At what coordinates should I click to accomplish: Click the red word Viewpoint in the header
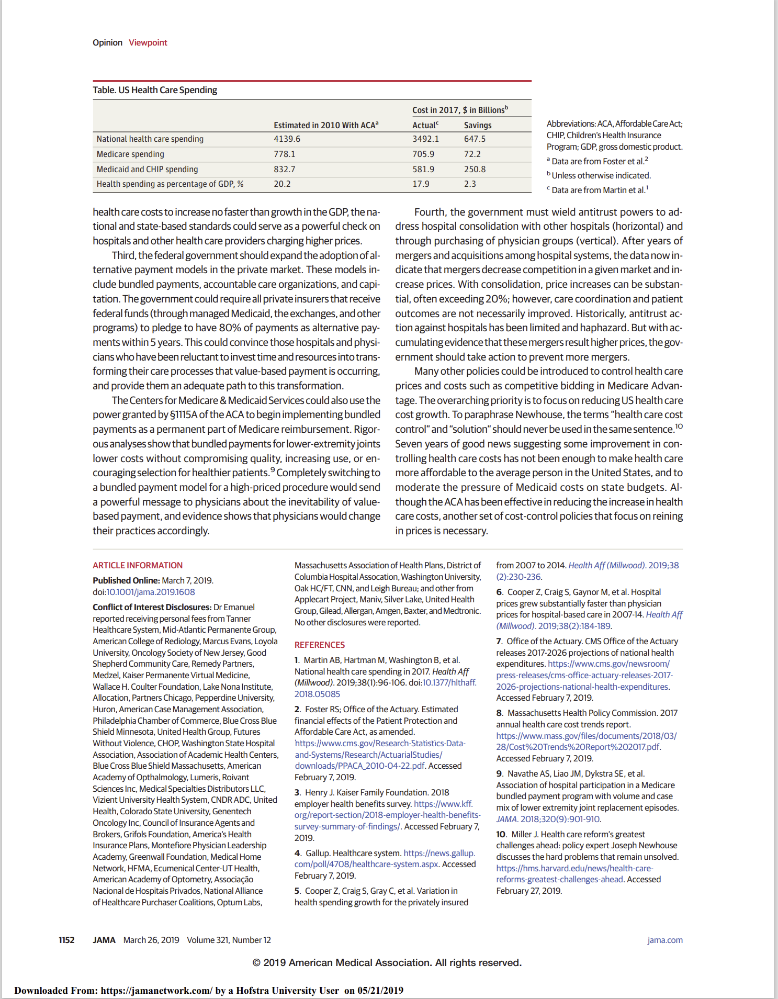(148, 42)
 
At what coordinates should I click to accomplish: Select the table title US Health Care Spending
(155, 90)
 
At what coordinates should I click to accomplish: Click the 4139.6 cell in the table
(287, 139)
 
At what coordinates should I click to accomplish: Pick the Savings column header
(477, 126)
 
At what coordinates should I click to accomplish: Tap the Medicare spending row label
(130, 154)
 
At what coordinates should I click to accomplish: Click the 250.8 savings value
(475, 170)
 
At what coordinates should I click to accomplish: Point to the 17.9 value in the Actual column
(421, 184)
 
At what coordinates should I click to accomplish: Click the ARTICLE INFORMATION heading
(138, 565)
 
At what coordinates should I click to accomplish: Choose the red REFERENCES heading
(319, 645)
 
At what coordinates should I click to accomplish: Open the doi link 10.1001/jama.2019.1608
(151, 592)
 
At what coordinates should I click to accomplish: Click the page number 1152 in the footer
(66, 940)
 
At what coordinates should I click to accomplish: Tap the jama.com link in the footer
(664, 940)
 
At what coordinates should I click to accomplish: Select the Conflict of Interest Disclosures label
(152, 607)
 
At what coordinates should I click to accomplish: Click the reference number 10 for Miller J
(501, 834)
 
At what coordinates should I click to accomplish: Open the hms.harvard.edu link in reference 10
(574, 868)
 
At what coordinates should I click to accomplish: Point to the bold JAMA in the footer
(104, 940)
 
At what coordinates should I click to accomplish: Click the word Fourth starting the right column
(430, 212)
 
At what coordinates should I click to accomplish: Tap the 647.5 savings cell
(475, 139)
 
